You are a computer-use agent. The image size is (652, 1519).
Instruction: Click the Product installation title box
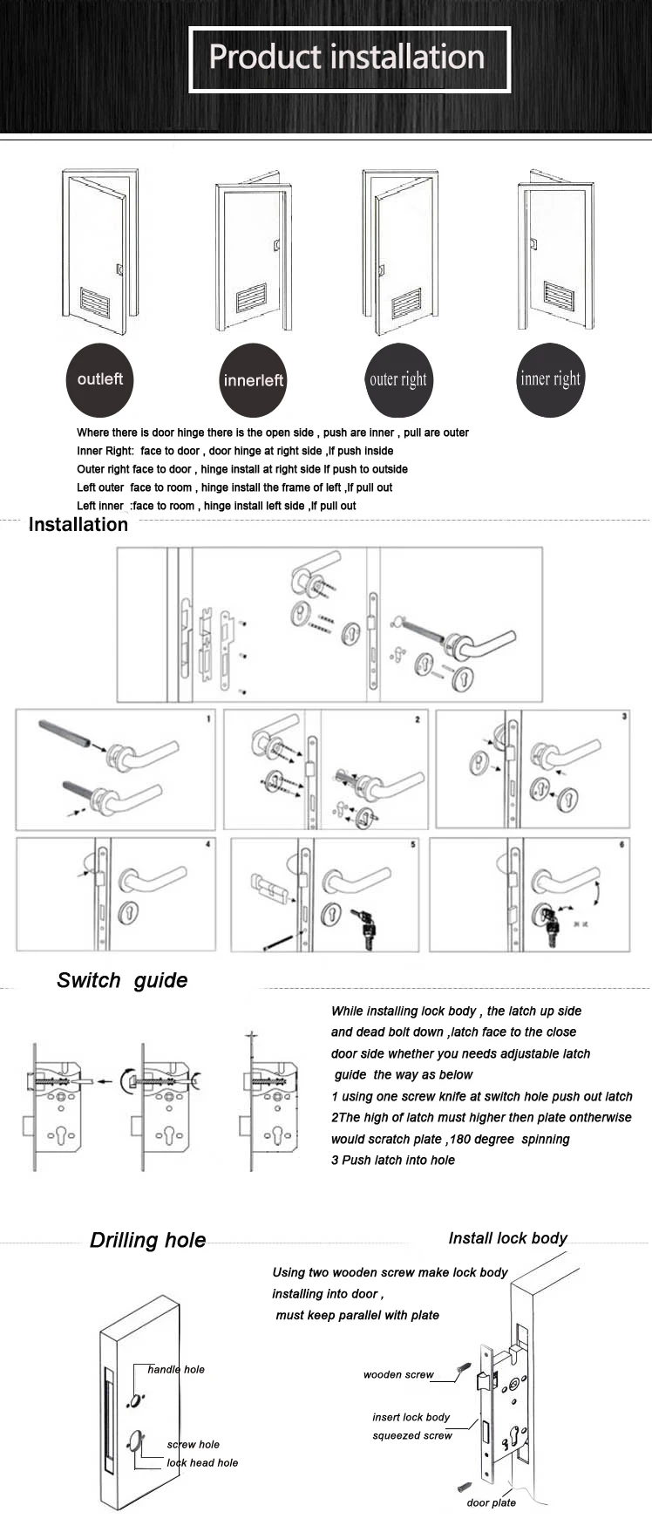(349, 58)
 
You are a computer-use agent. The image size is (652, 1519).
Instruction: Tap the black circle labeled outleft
(100, 379)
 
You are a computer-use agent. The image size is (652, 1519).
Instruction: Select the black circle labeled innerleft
(253, 380)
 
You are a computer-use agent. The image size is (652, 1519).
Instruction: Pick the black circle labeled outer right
(398, 379)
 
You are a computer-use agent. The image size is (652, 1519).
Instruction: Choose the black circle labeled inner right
(550, 379)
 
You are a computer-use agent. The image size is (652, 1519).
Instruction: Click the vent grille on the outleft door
(96, 301)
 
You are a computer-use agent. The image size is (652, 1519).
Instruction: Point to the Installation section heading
(78, 524)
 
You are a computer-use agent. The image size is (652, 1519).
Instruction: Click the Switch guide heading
(122, 980)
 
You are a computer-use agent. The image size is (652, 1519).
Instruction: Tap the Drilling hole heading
(148, 1240)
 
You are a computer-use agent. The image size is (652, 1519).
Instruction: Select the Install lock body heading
(507, 1238)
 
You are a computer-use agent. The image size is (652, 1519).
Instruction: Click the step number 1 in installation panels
(208, 719)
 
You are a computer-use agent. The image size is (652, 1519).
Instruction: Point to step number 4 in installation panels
(207, 844)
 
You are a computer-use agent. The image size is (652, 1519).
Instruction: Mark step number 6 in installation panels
(621, 844)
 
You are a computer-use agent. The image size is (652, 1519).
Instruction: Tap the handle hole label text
(176, 1369)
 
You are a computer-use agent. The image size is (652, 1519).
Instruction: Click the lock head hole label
(202, 1462)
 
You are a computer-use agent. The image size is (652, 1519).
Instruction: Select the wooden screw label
(398, 1374)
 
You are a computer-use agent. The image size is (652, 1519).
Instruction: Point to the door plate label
(492, 1502)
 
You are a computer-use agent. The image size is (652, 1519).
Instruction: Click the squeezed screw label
(412, 1435)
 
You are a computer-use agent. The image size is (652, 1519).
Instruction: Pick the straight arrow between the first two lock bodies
(108, 1081)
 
